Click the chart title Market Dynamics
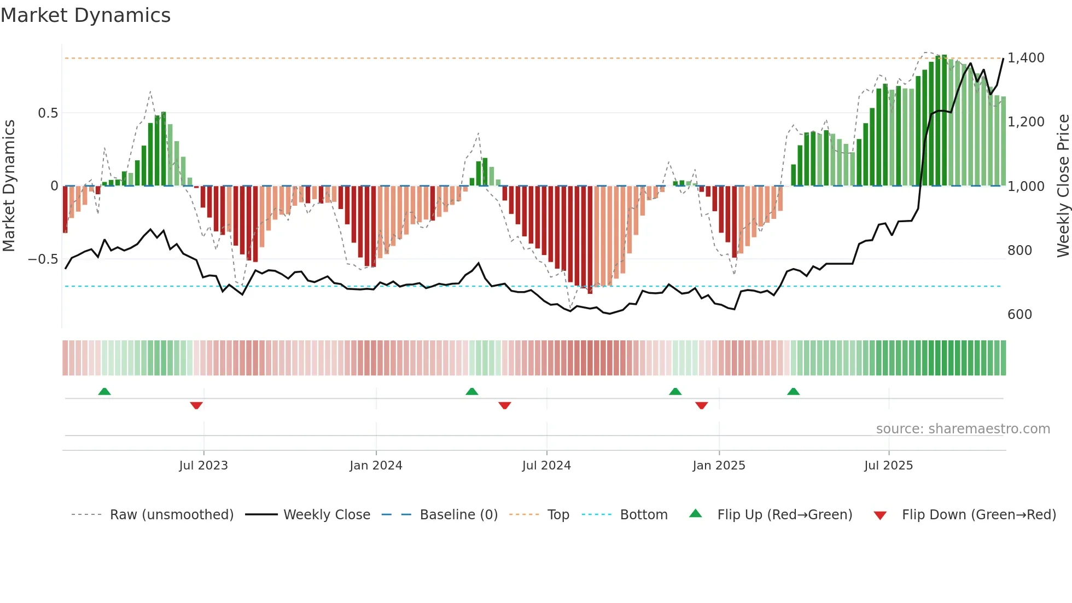(85, 15)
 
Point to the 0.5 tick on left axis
(48, 113)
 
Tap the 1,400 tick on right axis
(1026, 58)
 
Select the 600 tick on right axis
(1019, 315)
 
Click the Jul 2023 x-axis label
(203, 466)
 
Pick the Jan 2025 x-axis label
(719, 466)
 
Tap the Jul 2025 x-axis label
(888, 466)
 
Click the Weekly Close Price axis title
(1063, 186)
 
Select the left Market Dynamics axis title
(9, 186)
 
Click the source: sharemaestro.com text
(963, 429)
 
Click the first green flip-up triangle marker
(104, 391)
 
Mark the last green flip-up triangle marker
(793, 391)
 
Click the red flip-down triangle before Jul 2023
(196, 405)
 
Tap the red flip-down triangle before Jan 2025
(702, 405)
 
